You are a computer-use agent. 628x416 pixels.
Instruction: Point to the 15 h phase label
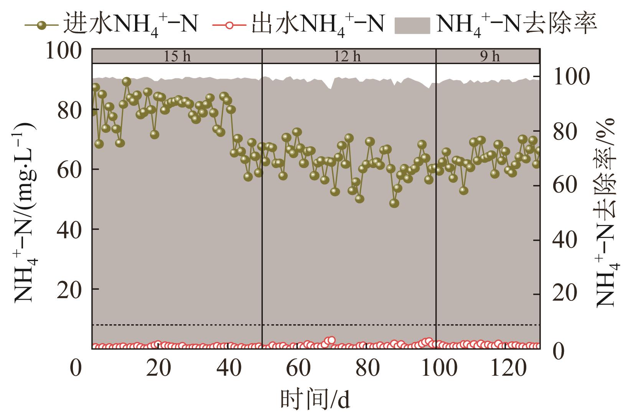(x=177, y=57)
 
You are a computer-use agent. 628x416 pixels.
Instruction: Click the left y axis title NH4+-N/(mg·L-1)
(x=24, y=213)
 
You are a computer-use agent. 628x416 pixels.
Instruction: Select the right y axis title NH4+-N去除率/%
(x=605, y=213)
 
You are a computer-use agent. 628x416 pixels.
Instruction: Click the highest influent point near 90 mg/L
(x=127, y=81)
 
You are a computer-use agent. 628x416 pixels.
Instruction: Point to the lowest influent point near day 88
(x=394, y=203)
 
